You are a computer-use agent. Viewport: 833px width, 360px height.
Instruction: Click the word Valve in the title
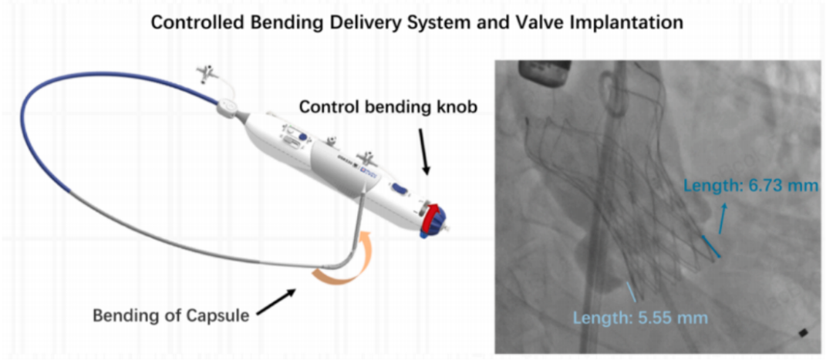(x=540, y=23)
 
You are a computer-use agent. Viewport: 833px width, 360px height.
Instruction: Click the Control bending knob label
(x=388, y=106)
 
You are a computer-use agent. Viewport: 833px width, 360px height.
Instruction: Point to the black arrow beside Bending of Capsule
(x=276, y=302)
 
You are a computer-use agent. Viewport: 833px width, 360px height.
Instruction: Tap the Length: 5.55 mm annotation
(x=641, y=318)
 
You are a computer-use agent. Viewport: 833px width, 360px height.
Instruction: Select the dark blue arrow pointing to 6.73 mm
(x=723, y=218)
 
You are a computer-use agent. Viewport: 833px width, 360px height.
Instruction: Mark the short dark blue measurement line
(x=711, y=247)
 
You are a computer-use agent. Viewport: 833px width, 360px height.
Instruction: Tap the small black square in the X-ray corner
(x=803, y=333)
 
